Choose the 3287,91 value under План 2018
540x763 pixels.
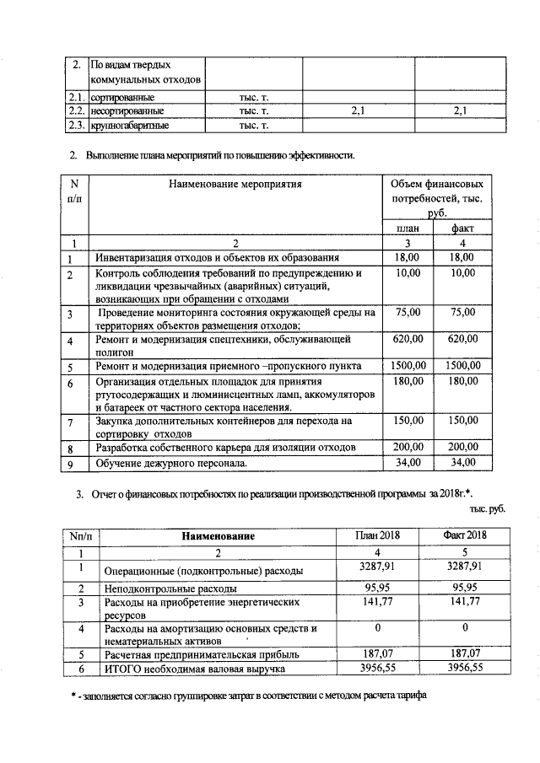(x=379, y=566)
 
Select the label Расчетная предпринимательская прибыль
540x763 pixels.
(x=199, y=653)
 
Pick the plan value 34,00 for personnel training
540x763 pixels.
(x=408, y=462)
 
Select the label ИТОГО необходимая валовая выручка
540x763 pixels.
(x=193, y=668)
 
